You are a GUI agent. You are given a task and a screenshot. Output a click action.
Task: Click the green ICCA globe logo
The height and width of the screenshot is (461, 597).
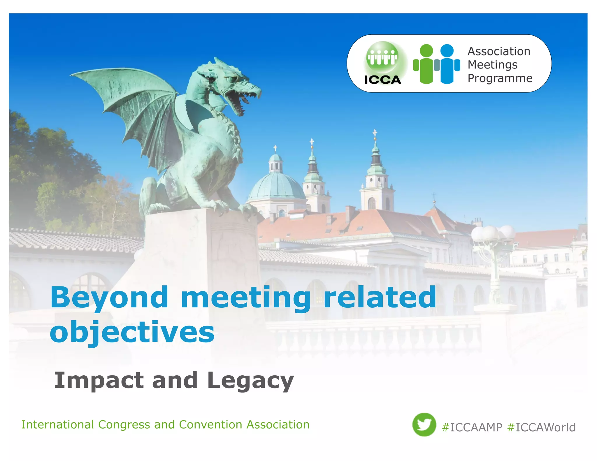click(382, 57)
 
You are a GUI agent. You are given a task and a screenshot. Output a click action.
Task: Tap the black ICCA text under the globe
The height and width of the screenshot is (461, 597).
click(382, 80)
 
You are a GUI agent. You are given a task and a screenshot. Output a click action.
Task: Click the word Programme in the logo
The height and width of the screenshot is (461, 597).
click(500, 78)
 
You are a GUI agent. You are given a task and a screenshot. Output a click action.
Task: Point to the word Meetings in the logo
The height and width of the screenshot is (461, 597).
click(493, 65)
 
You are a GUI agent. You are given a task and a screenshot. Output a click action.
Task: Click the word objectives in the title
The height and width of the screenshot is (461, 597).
click(132, 332)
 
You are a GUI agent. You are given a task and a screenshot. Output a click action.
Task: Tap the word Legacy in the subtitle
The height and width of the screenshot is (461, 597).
click(250, 381)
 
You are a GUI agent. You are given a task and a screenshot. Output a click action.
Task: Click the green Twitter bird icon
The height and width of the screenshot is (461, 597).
click(424, 425)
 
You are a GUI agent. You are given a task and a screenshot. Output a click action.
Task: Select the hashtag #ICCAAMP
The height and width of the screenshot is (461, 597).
click(472, 427)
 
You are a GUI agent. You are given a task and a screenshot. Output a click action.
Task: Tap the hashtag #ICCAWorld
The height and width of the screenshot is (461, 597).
click(541, 427)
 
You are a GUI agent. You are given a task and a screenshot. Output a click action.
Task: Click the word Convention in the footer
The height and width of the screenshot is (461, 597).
click(210, 425)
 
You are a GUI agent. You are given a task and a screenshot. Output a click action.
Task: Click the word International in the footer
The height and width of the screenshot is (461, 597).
click(58, 425)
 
